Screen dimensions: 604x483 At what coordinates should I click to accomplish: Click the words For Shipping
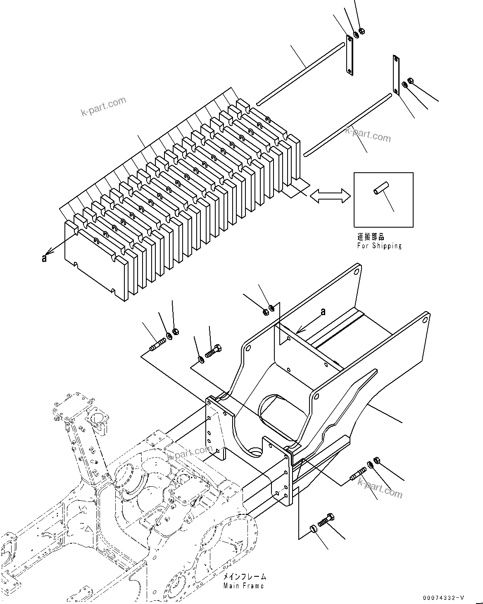(379, 246)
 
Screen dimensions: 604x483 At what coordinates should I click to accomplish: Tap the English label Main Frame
(243, 585)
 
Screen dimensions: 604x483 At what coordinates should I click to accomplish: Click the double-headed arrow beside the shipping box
(330, 195)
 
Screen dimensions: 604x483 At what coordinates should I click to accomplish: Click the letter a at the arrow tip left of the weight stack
(44, 258)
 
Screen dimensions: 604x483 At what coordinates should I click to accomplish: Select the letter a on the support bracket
(323, 312)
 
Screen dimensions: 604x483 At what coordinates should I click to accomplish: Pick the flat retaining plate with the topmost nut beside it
(349, 55)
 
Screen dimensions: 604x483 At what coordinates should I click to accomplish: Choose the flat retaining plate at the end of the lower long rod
(396, 75)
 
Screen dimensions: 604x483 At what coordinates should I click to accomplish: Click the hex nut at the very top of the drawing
(362, 31)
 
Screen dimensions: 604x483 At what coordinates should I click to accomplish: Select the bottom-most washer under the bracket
(313, 528)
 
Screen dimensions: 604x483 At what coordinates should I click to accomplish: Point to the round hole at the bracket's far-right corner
(424, 320)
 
